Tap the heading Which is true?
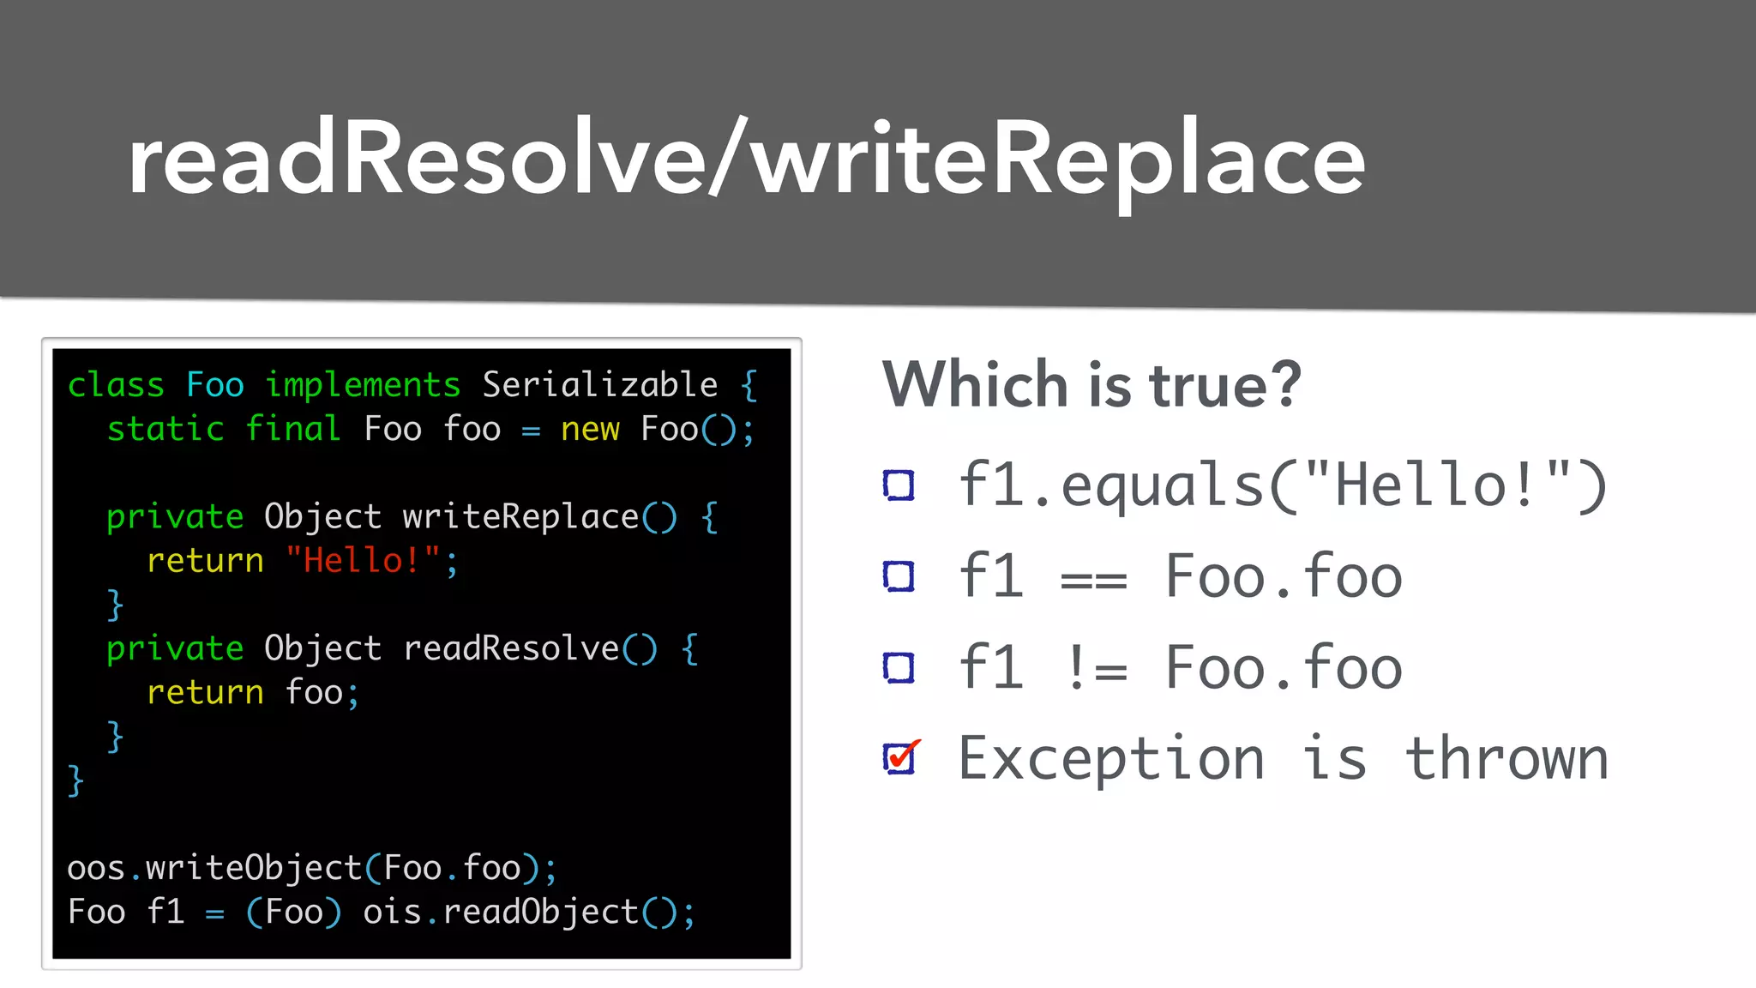(1091, 384)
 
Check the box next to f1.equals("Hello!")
(899, 485)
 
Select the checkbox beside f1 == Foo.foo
(899, 576)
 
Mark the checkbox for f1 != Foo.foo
(899, 667)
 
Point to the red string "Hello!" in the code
(363, 561)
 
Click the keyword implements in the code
(363, 385)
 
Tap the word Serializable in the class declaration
(599, 385)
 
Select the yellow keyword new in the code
(590, 429)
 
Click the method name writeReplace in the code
(520, 517)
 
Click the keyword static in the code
(165, 429)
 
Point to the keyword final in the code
(293, 429)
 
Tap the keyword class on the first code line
(116, 385)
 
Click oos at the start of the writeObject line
(96, 869)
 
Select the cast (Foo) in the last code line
(293, 913)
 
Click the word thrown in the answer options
(1506, 759)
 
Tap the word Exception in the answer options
(1111, 759)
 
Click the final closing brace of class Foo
(76, 781)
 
